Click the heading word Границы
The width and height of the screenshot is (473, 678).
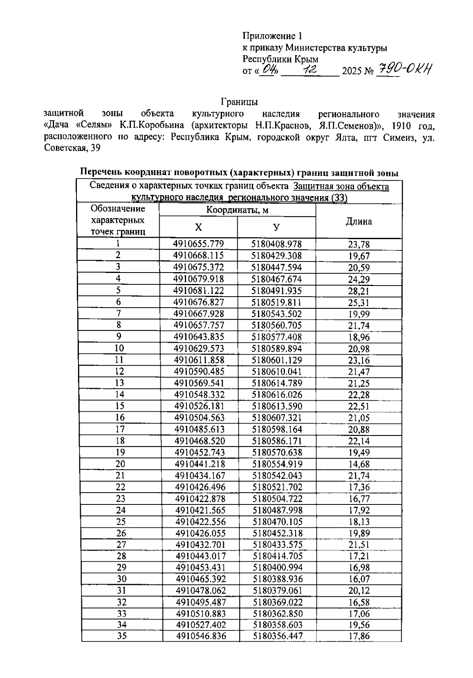pyautogui.click(x=239, y=102)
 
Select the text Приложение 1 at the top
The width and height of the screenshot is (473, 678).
pyautogui.click(x=272, y=36)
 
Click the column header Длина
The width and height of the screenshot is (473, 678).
pyautogui.click(x=359, y=222)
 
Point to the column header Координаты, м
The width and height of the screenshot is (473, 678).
pyautogui.click(x=237, y=210)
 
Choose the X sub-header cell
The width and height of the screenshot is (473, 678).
pyautogui.click(x=198, y=227)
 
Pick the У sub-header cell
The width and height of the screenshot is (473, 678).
pyautogui.click(x=276, y=227)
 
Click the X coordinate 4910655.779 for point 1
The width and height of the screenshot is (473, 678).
pyautogui.click(x=198, y=244)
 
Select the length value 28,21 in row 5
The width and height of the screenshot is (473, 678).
pyautogui.click(x=359, y=291)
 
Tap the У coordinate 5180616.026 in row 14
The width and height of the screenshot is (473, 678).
pyautogui.click(x=277, y=395)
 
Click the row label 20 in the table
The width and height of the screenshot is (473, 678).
pyautogui.click(x=120, y=464)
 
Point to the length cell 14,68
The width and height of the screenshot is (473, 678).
pyautogui.click(x=359, y=464)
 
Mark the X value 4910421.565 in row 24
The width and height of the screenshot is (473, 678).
pyautogui.click(x=200, y=510)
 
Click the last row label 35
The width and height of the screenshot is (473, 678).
pyautogui.click(x=122, y=636)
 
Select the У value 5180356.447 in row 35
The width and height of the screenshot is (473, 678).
pyautogui.click(x=278, y=636)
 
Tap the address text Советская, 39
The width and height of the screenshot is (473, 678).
pyautogui.click(x=72, y=149)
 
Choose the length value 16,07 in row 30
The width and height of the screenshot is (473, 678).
pyautogui.click(x=359, y=579)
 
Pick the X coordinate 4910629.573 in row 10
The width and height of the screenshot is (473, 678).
pyautogui.click(x=199, y=348)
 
